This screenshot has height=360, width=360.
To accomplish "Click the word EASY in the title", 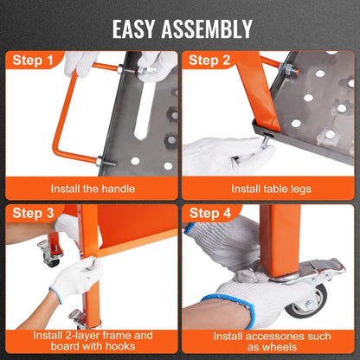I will (x=136, y=29).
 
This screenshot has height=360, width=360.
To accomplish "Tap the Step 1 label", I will (x=35, y=61).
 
